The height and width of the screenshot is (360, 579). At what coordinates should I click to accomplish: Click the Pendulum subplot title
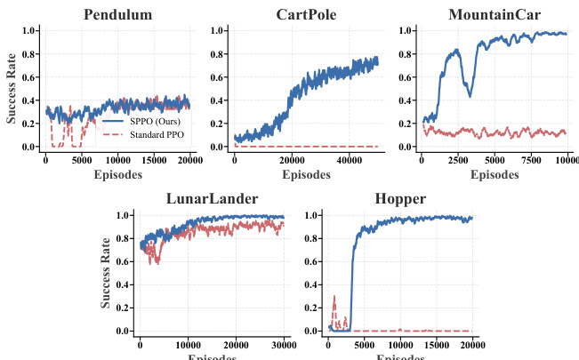coord(117,14)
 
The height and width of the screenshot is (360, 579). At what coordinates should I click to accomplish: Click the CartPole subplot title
coord(306,14)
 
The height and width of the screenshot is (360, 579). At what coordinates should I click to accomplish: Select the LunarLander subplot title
coord(213,198)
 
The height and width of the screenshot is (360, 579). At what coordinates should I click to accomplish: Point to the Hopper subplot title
coord(400,198)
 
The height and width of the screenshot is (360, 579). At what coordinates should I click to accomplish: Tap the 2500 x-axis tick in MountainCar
coord(459,160)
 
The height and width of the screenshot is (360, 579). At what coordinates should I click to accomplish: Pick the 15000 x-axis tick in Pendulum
coord(153,160)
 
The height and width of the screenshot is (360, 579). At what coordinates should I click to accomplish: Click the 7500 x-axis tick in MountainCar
coord(531,160)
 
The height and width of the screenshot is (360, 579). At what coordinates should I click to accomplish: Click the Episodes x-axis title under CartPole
coord(306,174)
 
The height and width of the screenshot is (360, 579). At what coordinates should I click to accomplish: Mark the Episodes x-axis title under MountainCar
coord(495,174)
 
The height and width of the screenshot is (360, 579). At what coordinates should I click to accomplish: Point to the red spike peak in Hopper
coord(334,296)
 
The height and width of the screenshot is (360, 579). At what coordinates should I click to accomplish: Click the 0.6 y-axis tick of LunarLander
coord(123,261)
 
